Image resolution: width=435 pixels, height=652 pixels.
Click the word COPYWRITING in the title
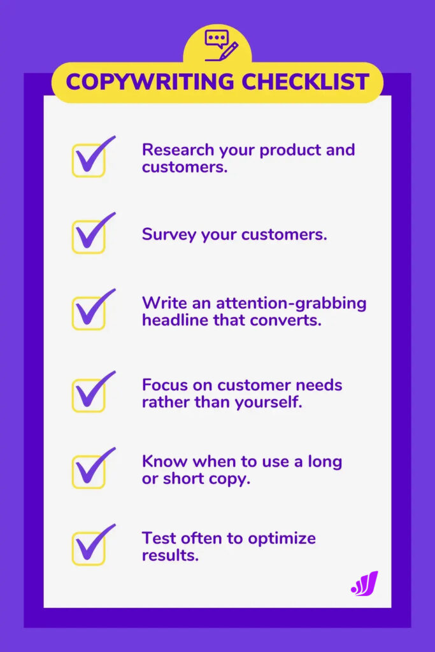point(147,82)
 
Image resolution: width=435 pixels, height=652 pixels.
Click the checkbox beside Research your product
point(88,160)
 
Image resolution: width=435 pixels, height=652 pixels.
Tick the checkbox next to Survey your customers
point(88,236)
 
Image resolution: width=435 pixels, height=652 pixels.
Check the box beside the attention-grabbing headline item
point(88,312)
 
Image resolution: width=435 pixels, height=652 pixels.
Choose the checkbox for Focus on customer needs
point(88,394)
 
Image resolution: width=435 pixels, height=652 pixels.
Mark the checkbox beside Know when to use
point(88,471)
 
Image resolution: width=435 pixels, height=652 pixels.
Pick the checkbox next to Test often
point(88,548)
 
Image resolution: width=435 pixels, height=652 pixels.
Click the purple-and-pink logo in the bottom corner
point(364,583)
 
